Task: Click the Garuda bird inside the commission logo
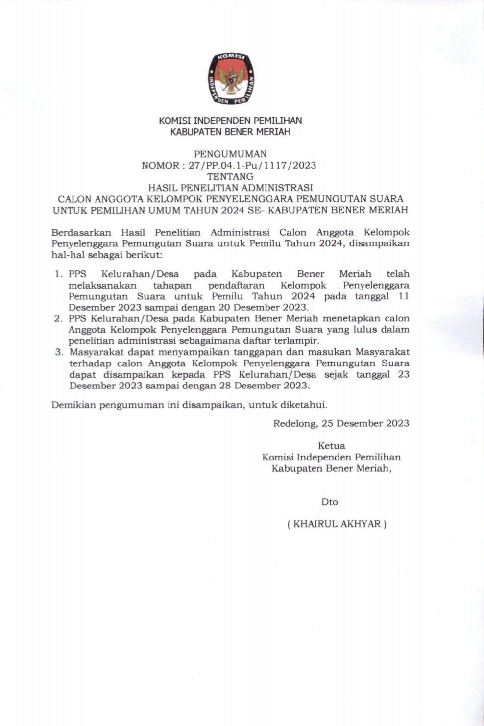pyautogui.click(x=231, y=79)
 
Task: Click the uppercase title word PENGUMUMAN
pyautogui.click(x=230, y=154)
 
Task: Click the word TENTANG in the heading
pyautogui.click(x=230, y=176)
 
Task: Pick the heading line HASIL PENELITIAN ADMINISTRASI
pyautogui.click(x=230, y=188)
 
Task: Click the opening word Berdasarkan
pyautogui.click(x=81, y=232)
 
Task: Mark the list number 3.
pyautogui.click(x=59, y=352)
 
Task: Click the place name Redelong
pyautogui.click(x=295, y=423)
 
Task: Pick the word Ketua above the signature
pyautogui.click(x=332, y=446)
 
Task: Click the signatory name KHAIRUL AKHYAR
pyautogui.click(x=337, y=524)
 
